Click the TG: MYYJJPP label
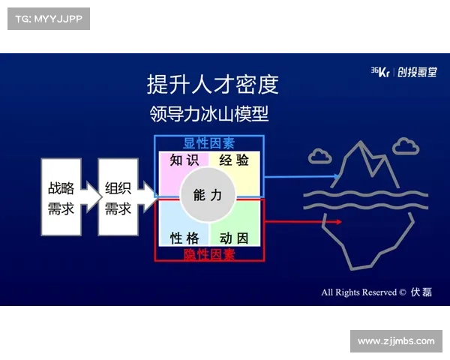click(x=47, y=18)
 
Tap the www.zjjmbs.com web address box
click(x=395, y=341)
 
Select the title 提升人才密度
click(x=213, y=84)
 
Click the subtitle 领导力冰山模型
click(x=208, y=114)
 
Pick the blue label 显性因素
click(x=208, y=142)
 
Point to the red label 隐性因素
click(x=208, y=254)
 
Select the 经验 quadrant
click(x=234, y=160)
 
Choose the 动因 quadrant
click(x=234, y=237)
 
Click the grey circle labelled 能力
click(x=208, y=196)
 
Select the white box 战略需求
click(x=61, y=197)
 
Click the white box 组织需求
click(x=118, y=197)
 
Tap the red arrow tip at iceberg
click(x=339, y=222)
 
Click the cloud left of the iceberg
click(x=319, y=155)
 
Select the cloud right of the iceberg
click(x=406, y=145)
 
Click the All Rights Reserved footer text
click(x=363, y=292)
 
